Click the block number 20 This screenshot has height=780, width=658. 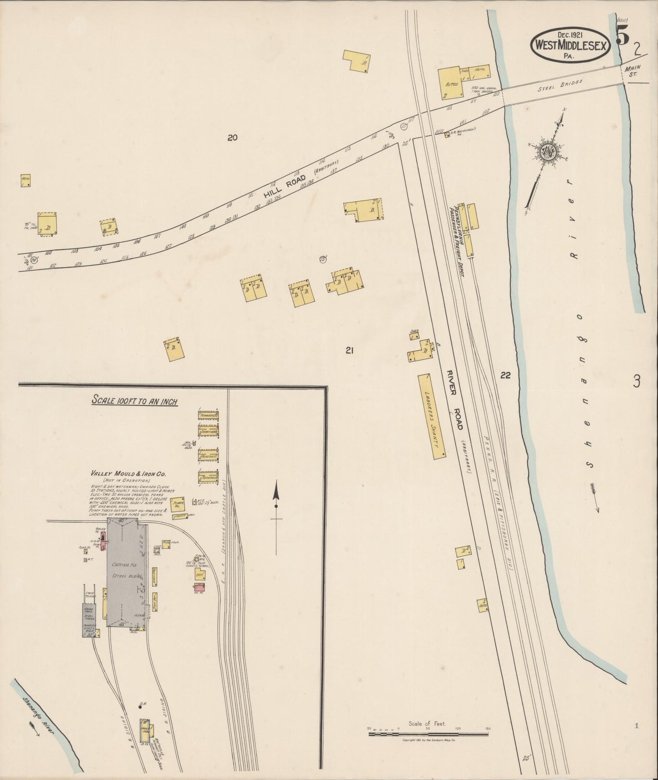click(x=233, y=138)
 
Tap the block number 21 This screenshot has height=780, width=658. click(x=350, y=350)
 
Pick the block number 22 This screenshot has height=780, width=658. click(x=505, y=375)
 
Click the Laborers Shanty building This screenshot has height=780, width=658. click(x=431, y=416)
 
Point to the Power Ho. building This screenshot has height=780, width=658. click(x=177, y=505)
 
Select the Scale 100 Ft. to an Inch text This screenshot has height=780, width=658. click(x=134, y=401)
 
